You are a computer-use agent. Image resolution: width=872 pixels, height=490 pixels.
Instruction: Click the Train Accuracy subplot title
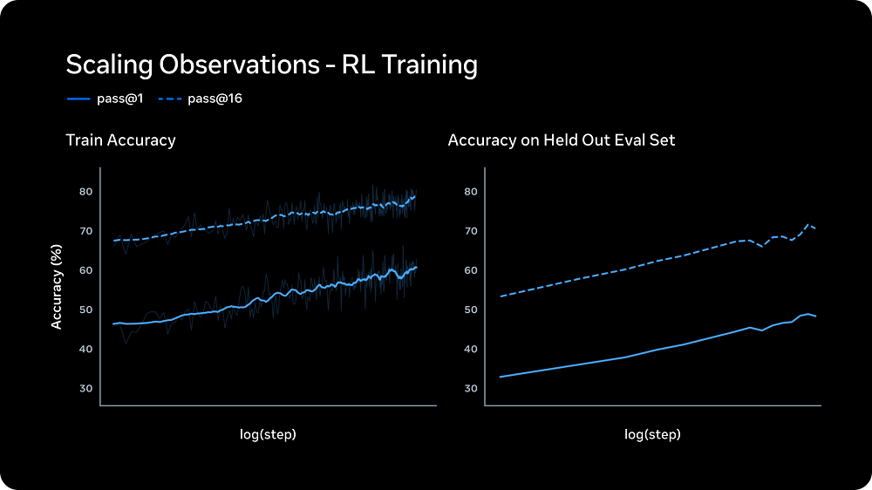(120, 140)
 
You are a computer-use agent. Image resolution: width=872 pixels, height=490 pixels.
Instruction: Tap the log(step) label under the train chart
(268, 433)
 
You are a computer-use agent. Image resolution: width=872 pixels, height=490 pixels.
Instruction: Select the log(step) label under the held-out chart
(652, 433)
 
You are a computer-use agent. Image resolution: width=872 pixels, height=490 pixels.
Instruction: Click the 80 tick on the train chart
(85, 192)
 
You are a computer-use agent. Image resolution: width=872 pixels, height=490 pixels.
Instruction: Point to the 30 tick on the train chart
(85, 388)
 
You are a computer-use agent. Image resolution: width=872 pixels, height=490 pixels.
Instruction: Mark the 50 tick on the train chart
(85, 310)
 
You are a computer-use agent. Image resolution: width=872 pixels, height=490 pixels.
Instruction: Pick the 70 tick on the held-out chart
(470, 231)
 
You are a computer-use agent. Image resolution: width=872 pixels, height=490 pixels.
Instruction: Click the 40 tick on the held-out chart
(470, 349)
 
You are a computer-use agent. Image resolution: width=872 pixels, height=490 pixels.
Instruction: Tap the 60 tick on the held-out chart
(470, 270)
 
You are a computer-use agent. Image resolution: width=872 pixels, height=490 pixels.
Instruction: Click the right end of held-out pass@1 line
(816, 316)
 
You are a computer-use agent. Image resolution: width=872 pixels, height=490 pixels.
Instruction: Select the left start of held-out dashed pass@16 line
(500, 296)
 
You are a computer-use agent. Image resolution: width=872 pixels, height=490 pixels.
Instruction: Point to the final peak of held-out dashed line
(808, 225)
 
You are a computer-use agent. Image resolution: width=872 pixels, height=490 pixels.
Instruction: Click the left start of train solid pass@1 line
(113, 323)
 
